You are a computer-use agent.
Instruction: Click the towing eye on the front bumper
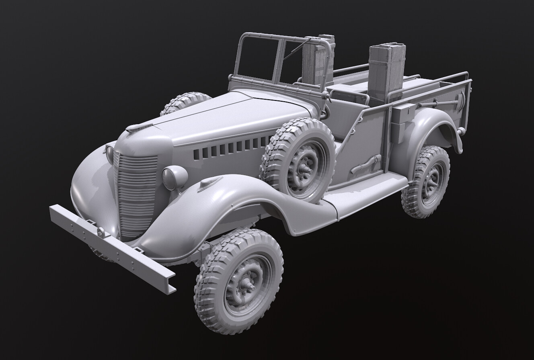pyautogui.click(x=101, y=232)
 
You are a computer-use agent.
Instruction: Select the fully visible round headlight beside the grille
pyautogui.click(x=174, y=177)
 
